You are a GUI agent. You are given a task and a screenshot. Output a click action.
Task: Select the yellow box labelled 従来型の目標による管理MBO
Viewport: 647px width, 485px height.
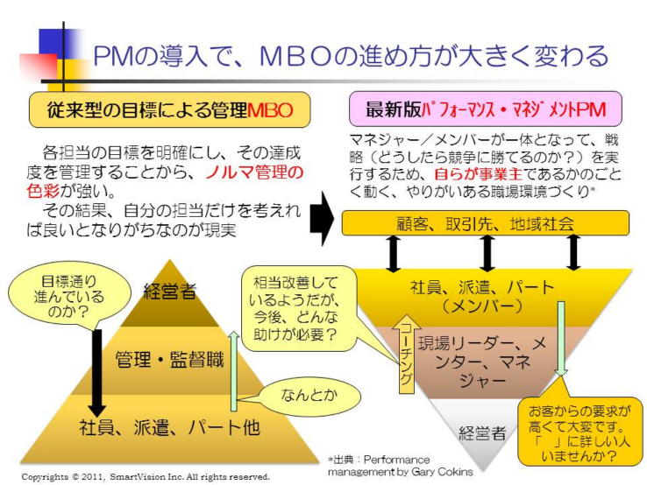click(x=169, y=110)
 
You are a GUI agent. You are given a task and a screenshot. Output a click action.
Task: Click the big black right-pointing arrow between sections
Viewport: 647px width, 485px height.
click(x=322, y=219)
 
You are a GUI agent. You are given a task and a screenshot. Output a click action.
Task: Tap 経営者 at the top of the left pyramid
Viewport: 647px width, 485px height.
click(x=169, y=292)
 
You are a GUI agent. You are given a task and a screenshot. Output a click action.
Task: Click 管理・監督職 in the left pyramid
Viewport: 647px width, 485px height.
click(x=168, y=357)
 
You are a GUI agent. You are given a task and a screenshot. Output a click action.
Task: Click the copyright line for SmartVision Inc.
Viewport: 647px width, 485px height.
click(x=145, y=477)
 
